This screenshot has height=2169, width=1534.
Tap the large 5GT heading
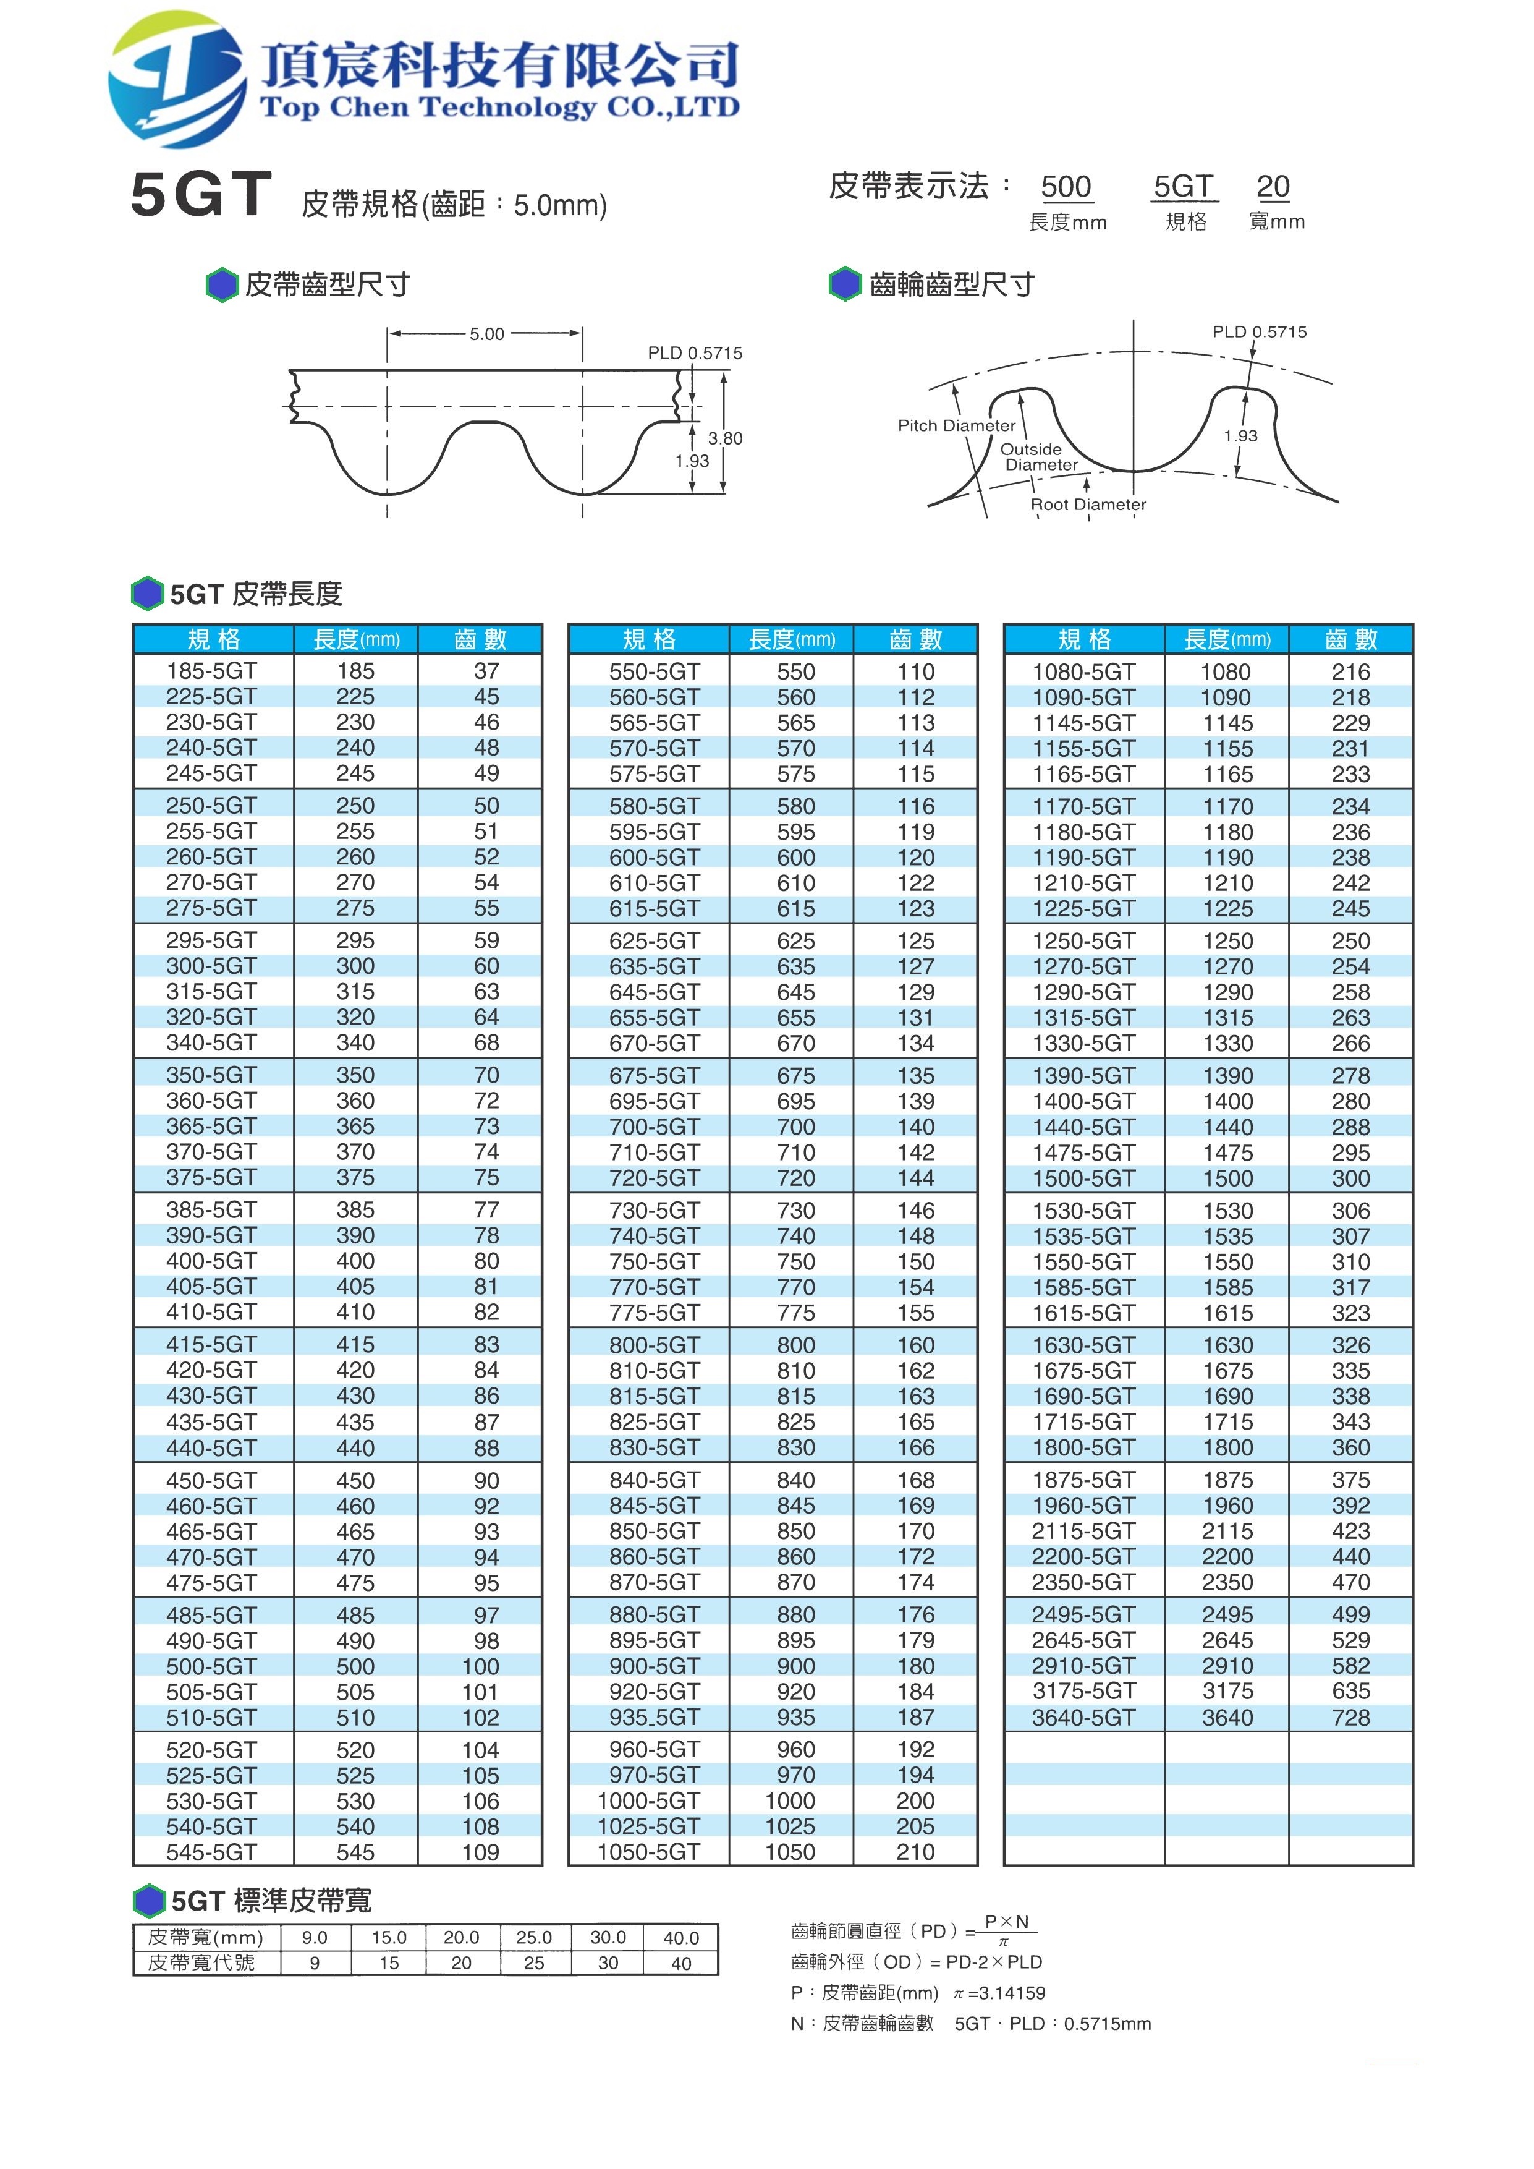pyautogui.click(x=201, y=195)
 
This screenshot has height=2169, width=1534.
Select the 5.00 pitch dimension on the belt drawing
pyautogui.click(x=486, y=333)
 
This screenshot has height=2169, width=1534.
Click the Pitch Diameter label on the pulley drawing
pyautogui.click(x=956, y=425)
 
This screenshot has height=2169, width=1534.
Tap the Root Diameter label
pyautogui.click(x=1088, y=505)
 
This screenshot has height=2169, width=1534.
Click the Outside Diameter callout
pyautogui.click(x=1038, y=457)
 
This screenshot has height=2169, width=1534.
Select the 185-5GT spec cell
pyautogui.click(x=211, y=671)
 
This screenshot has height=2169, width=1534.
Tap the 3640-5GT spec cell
pyautogui.click(x=1083, y=1718)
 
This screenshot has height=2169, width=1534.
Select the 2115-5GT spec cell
pyautogui.click(x=1083, y=1532)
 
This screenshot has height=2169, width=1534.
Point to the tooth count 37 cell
pyautogui.click(x=486, y=671)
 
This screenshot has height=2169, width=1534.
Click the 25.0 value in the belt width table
pyautogui.click(x=534, y=1938)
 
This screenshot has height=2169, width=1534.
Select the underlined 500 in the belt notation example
pyautogui.click(x=1066, y=187)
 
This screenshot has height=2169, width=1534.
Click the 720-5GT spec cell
pyautogui.click(x=654, y=1178)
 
